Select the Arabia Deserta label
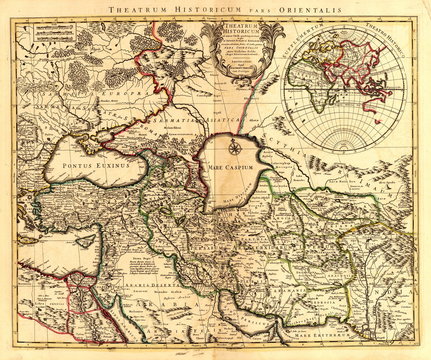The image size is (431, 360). [x=148, y=290]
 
